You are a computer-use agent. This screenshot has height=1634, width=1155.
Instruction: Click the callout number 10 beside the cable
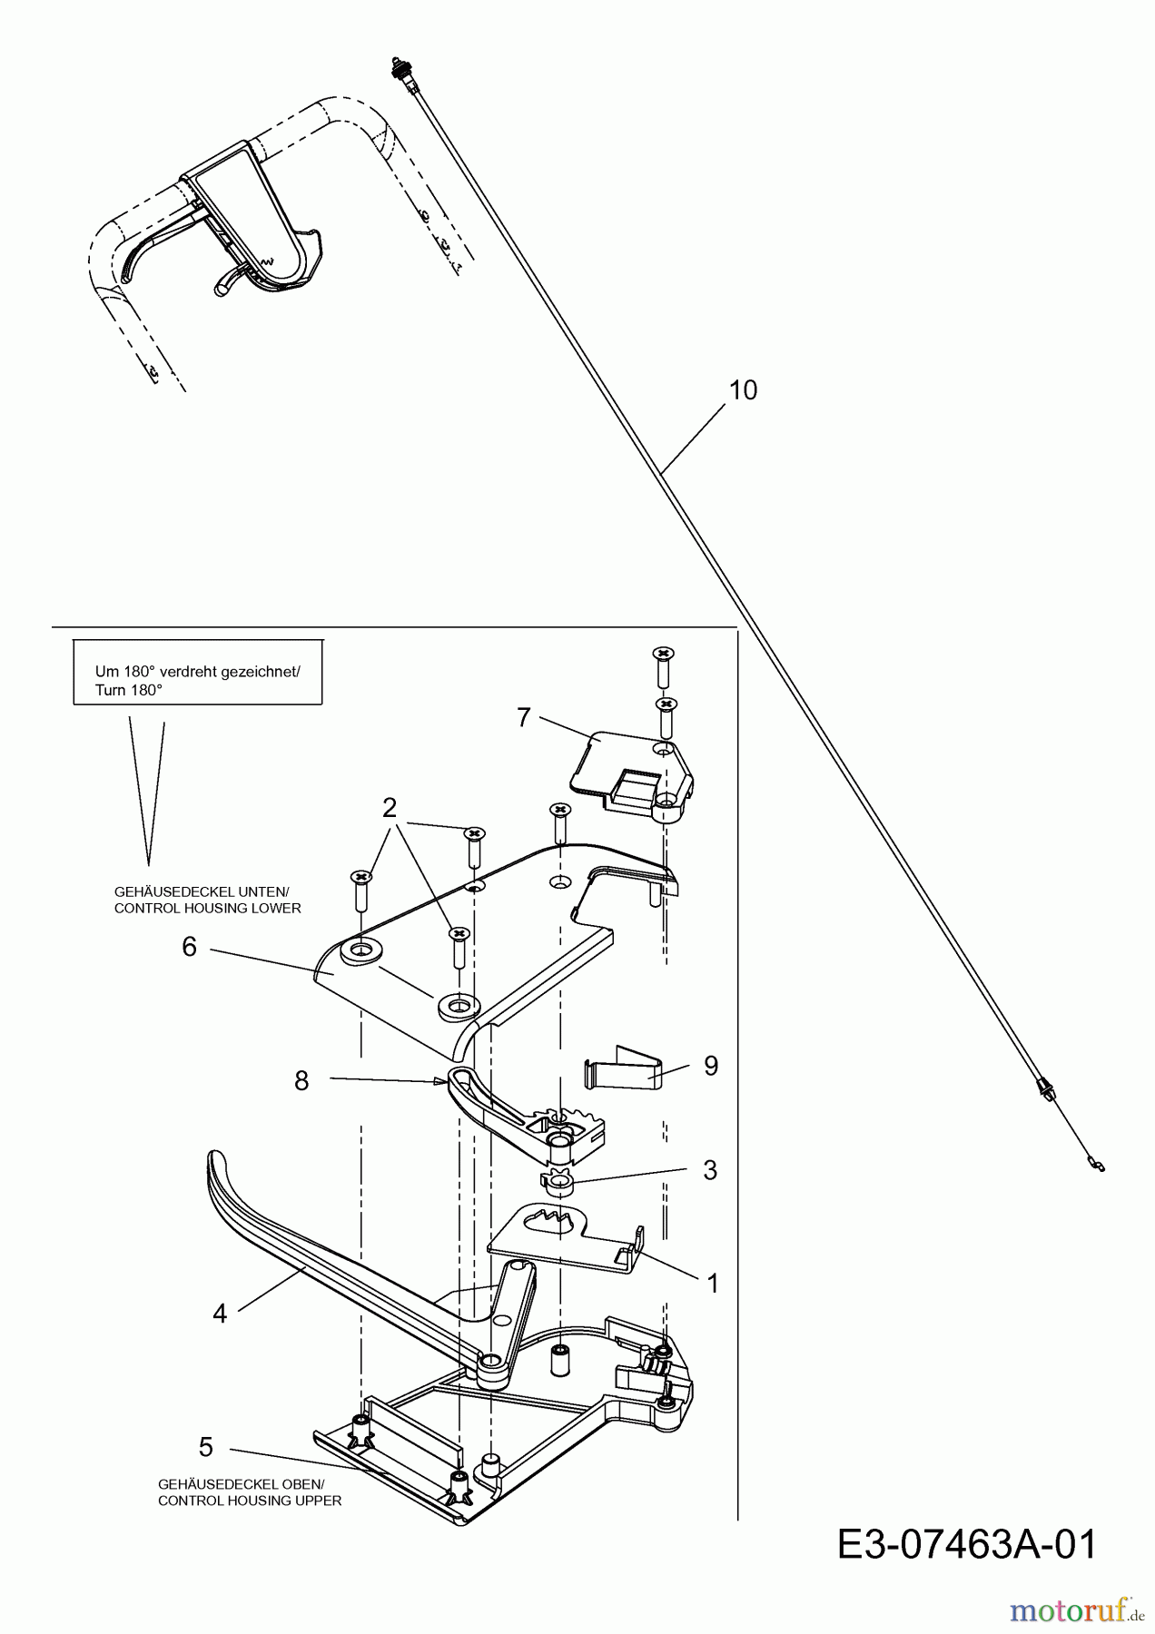click(743, 390)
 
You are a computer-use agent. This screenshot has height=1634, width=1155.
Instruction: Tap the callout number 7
click(523, 717)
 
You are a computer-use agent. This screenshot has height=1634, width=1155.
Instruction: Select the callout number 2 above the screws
click(390, 807)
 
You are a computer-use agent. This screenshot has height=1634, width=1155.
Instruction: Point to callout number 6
click(189, 947)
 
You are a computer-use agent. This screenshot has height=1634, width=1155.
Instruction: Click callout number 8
click(301, 1080)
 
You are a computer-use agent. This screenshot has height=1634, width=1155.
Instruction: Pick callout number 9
click(710, 1065)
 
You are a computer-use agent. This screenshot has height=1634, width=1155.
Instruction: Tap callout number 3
click(710, 1170)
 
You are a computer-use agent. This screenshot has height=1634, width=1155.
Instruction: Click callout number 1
click(712, 1283)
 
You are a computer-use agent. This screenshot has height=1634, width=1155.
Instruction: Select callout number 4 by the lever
click(219, 1313)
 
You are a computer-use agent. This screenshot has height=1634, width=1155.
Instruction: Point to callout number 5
click(206, 1446)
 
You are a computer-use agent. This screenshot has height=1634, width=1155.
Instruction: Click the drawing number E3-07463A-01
click(967, 1545)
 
